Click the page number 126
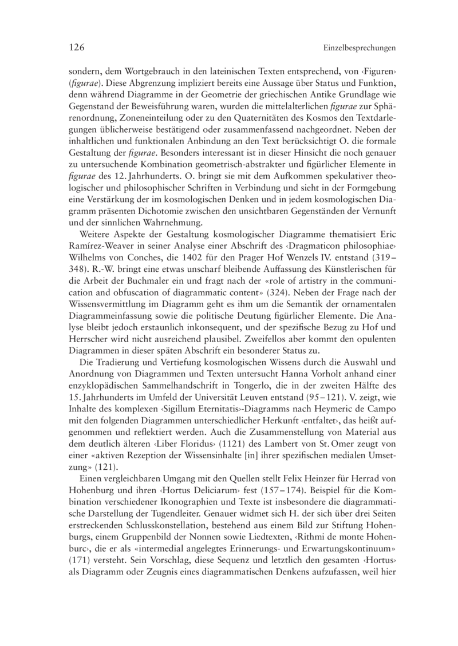pos(77,47)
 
